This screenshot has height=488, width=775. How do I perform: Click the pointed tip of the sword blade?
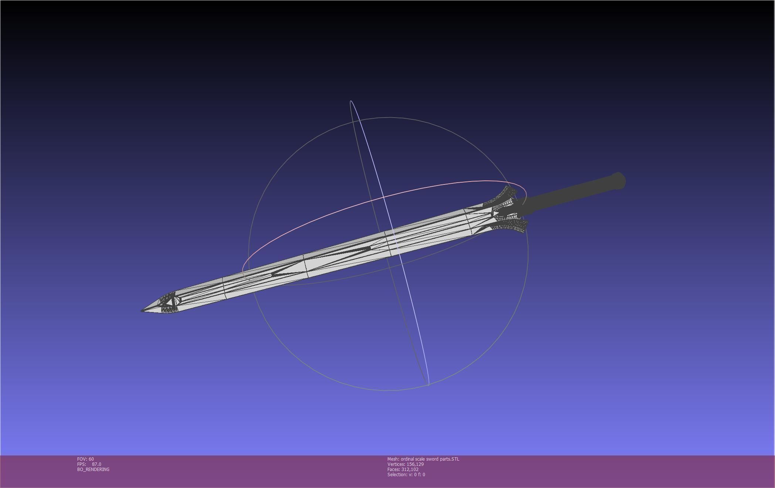142,310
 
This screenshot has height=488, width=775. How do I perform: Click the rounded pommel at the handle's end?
619,181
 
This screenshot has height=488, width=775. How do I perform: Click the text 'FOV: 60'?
85,459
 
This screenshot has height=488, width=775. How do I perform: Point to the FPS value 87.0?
96,464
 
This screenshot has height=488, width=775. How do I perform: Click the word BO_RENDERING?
93,470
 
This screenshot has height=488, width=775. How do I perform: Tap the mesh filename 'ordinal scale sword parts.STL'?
430,459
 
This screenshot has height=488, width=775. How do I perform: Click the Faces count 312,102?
410,470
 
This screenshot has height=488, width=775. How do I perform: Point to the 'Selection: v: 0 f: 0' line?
406,475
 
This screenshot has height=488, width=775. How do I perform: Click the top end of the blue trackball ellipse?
351,101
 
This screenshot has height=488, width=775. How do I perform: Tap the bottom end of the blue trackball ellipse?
428,385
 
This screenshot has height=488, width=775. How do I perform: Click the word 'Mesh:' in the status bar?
393,459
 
